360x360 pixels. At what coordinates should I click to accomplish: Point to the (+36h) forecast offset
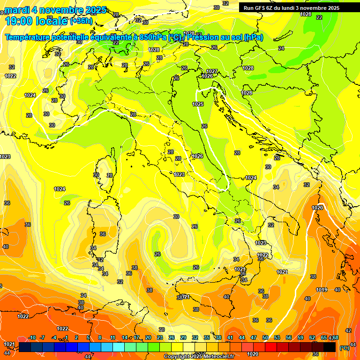pos(81,21)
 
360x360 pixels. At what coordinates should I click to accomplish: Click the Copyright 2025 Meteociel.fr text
pos(199,357)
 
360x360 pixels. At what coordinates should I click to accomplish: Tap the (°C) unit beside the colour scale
pos(345,348)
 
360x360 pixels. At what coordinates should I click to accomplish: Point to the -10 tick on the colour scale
pos(32,337)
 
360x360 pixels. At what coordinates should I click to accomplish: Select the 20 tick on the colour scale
pos(148,337)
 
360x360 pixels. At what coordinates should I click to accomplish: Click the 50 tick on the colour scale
pos(265,337)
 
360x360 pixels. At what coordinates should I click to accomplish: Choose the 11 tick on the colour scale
pos(112,337)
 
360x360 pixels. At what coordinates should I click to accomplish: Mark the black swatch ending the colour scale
pos(330,347)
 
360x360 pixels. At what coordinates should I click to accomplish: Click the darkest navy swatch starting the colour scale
pos(25,347)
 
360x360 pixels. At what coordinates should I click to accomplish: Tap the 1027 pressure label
pos(212,71)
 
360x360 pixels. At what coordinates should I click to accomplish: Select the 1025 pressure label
pos(198,104)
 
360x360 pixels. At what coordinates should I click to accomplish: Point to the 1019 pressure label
pos(321,290)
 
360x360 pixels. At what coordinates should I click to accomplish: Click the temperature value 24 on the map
pos(281,48)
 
